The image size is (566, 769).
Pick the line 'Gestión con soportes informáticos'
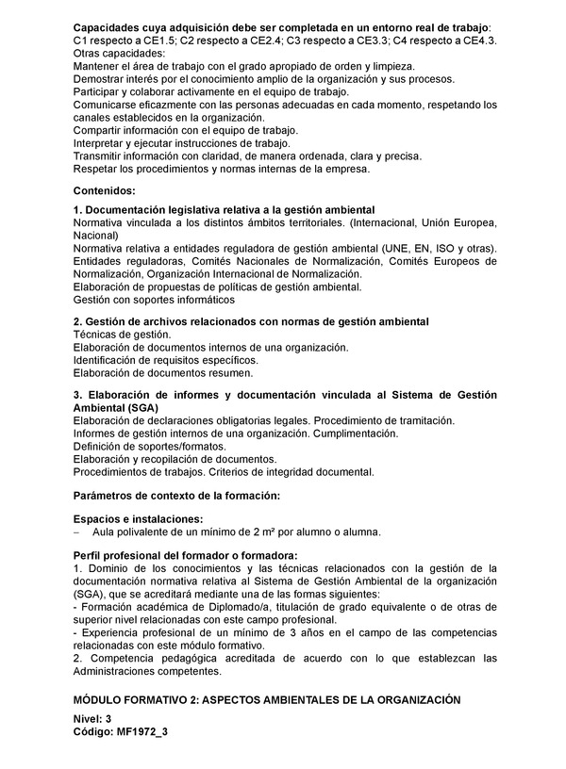point(154,299)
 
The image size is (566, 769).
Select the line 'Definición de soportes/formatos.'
point(149,446)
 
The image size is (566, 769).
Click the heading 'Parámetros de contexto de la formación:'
point(176,495)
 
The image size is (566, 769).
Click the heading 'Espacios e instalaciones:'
point(138,519)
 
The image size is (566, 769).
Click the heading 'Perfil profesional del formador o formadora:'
point(185,555)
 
